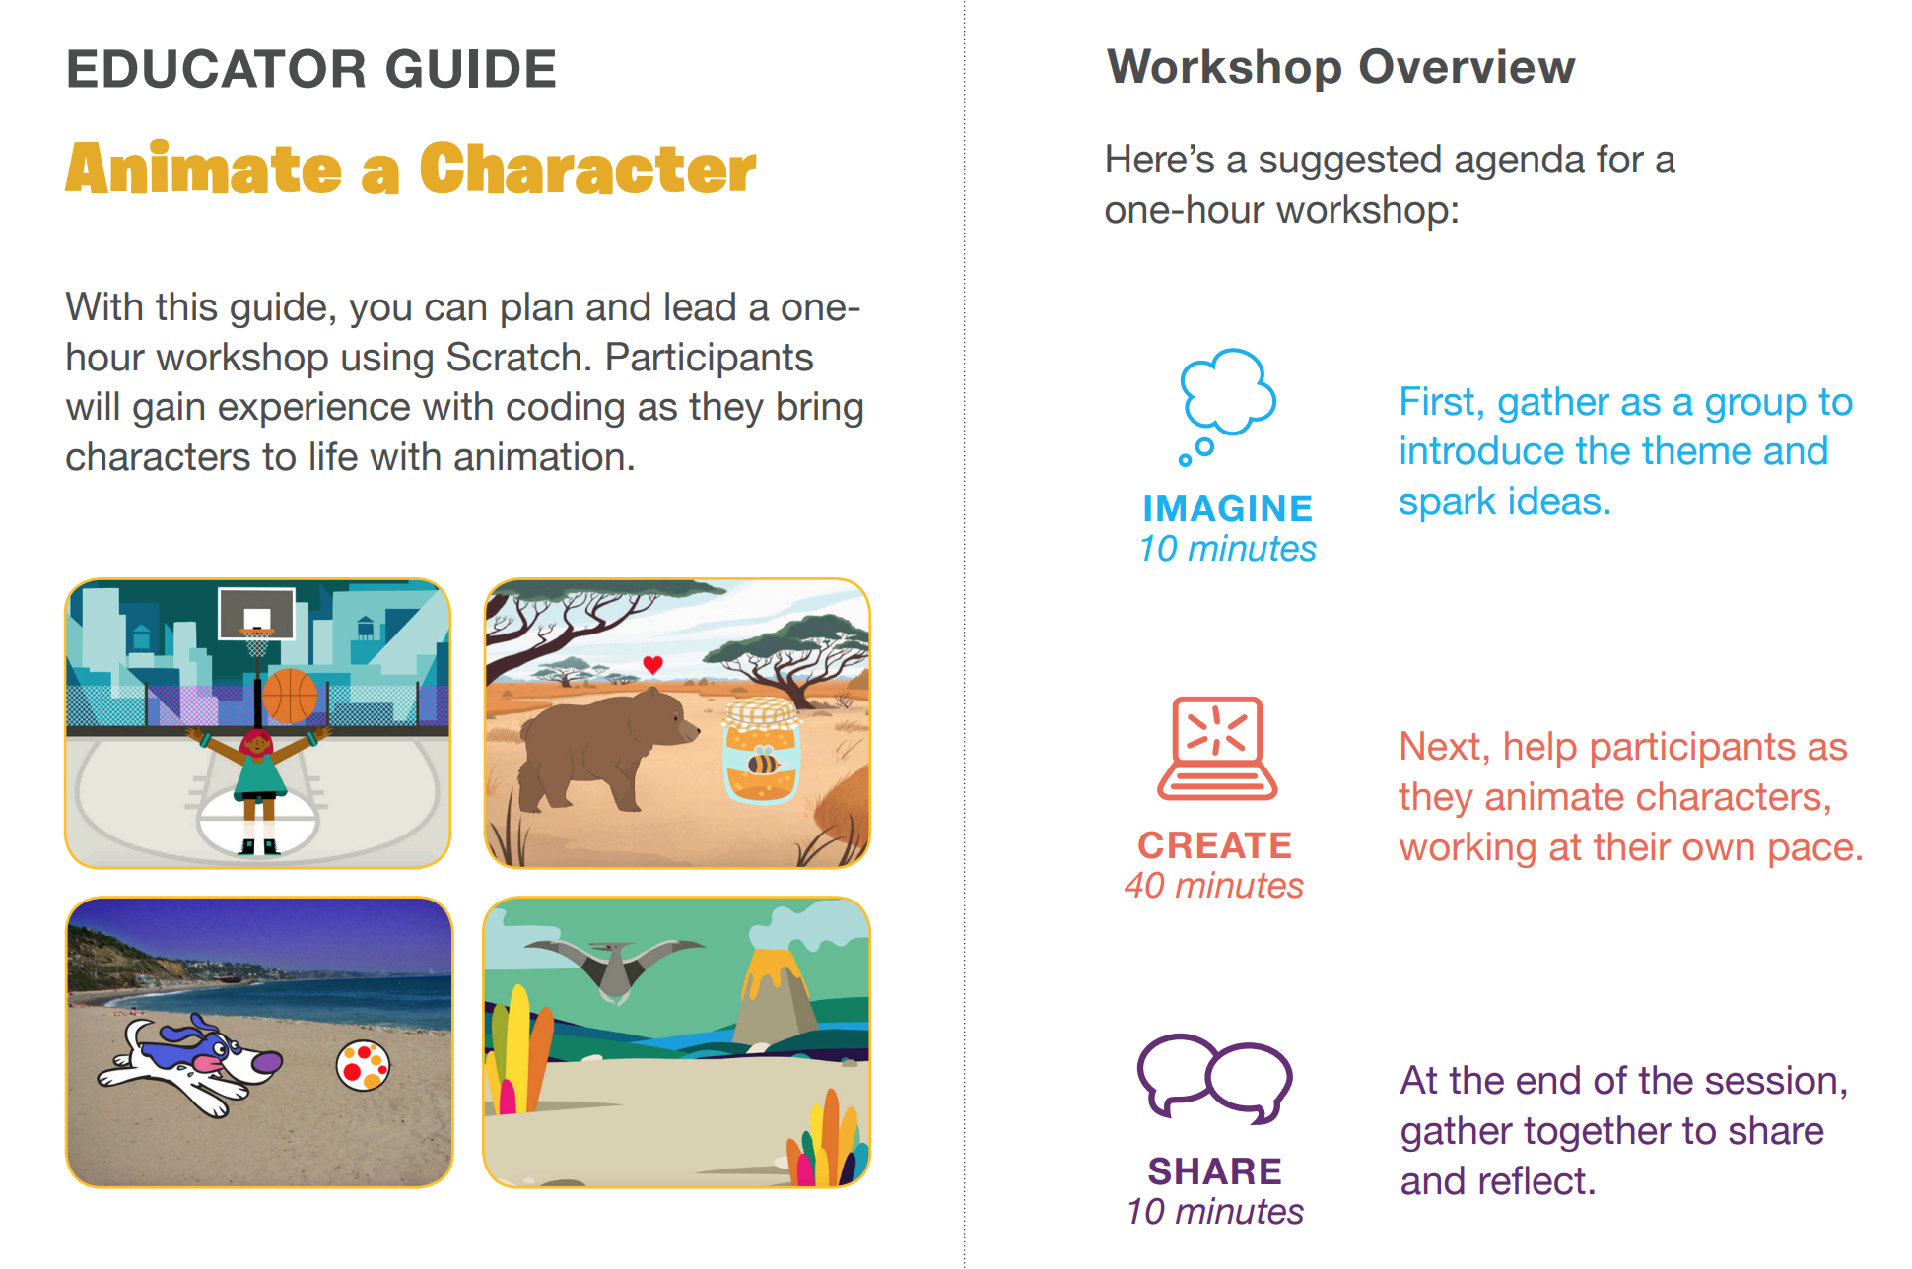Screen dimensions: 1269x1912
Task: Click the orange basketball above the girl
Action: (290, 696)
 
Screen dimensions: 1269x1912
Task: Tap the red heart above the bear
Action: (652, 665)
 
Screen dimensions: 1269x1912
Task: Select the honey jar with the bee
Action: (761, 752)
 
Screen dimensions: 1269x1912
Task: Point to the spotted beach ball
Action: (363, 1066)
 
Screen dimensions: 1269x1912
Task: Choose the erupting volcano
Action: (776, 995)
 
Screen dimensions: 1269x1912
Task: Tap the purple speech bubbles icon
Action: (1214, 1078)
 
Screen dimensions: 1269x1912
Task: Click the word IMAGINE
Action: (1227, 508)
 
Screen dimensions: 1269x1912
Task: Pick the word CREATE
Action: (1215, 845)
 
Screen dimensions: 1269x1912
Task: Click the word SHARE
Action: (1215, 1171)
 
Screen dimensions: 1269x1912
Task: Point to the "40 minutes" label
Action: (1214, 886)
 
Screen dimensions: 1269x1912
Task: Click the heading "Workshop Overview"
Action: (1340, 67)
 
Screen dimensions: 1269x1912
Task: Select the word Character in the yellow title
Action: (587, 169)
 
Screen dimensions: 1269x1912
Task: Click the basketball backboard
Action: (256, 613)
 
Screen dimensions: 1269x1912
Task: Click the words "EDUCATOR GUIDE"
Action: (311, 69)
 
